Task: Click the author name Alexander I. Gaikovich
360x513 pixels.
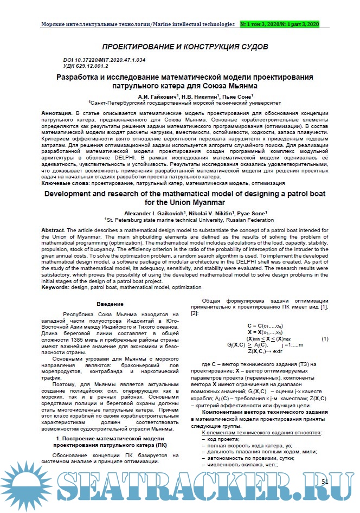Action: pos(153,213)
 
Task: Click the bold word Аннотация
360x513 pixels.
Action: pos(57,113)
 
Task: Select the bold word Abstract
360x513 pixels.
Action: pos(53,231)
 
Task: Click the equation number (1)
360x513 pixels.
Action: pos(325,339)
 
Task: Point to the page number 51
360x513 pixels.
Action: pos(325,481)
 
